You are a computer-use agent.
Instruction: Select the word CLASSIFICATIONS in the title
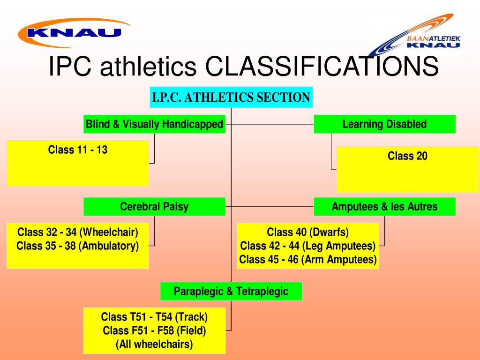[323, 67]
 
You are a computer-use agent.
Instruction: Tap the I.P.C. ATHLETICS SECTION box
[231, 97]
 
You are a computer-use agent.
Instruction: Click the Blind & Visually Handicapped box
[154, 124]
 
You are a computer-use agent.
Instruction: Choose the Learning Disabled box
[384, 124]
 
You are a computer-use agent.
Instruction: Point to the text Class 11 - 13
[78, 150]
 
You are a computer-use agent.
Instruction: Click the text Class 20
[407, 156]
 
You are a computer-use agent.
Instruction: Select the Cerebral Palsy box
[154, 207]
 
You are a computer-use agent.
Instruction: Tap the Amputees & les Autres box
[384, 207]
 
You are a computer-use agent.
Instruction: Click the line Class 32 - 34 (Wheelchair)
[78, 232]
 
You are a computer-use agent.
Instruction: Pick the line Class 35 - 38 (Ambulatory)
[78, 246]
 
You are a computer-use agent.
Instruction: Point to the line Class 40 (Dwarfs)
[308, 232]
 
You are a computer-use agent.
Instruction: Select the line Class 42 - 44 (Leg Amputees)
[308, 246]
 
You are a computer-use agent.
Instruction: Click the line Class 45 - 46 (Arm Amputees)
[308, 259]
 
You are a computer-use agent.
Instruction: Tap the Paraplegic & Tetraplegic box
[231, 291]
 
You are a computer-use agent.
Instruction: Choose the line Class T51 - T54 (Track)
[154, 316]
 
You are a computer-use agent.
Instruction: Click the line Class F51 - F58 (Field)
[154, 330]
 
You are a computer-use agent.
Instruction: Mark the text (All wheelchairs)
[154, 344]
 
